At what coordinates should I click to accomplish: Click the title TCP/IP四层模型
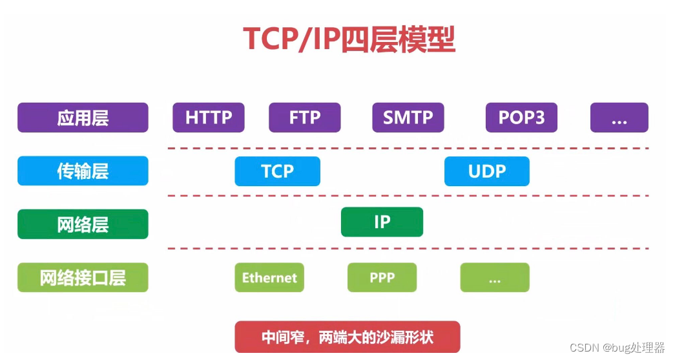click(x=349, y=39)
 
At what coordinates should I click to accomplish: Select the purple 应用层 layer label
click(x=83, y=118)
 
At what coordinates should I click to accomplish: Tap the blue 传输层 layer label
click(x=83, y=171)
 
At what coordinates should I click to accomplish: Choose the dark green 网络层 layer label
click(x=83, y=224)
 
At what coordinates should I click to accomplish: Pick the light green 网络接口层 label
click(x=83, y=278)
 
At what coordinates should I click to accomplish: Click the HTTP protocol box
click(x=209, y=118)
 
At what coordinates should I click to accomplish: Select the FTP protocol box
click(x=304, y=118)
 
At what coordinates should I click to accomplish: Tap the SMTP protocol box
click(x=408, y=118)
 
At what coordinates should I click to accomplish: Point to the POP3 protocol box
click(x=521, y=118)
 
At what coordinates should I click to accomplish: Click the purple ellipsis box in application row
click(x=619, y=118)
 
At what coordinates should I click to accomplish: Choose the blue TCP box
click(x=277, y=171)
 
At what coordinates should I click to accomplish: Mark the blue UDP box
click(x=486, y=171)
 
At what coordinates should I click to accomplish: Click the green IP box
click(x=382, y=222)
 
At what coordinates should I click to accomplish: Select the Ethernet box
click(x=269, y=278)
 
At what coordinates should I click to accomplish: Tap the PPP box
click(x=382, y=278)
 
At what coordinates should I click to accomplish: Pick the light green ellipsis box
click(x=495, y=278)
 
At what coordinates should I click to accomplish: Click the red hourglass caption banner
click(x=348, y=337)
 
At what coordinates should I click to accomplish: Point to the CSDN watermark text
click(x=618, y=348)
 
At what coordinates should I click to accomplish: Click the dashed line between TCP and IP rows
click(x=407, y=196)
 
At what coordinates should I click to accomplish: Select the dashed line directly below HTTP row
click(x=407, y=148)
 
